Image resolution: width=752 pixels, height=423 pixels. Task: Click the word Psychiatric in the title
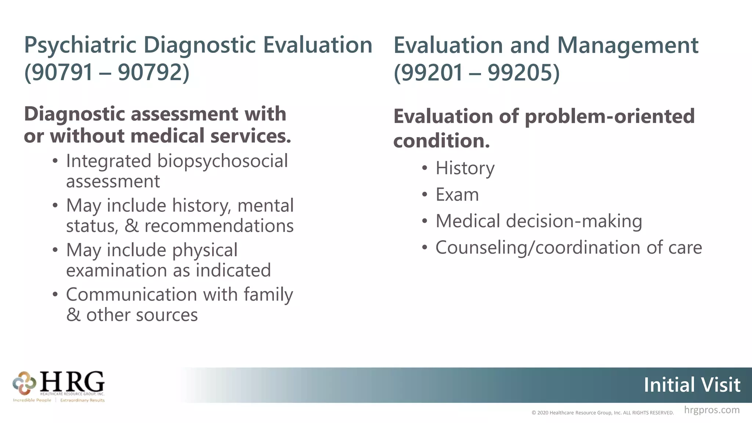[80, 46]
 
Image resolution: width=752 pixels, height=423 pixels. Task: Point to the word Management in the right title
[628, 46]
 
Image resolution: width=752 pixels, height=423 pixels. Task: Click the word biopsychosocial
[223, 161]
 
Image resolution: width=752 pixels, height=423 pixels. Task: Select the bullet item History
[465, 169]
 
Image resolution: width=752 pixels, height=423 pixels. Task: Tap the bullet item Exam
[457, 195]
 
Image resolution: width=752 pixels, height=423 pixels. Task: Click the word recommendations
[219, 226]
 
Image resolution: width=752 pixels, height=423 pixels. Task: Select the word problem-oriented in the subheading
[610, 116]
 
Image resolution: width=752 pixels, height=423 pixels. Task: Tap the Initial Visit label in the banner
[692, 385]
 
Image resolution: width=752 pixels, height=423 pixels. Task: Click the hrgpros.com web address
[712, 410]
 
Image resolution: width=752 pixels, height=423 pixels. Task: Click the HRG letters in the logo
[72, 382]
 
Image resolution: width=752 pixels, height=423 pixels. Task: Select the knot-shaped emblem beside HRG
[24, 383]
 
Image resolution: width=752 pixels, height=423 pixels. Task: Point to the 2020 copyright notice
[602, 413]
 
